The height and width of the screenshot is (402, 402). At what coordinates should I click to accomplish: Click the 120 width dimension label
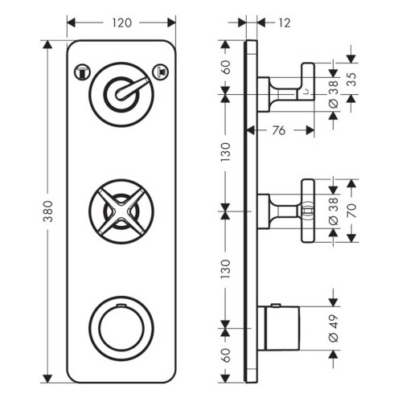click(x=121, y=23)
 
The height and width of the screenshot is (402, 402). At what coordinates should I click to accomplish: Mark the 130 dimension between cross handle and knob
click(x=226, y=268)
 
